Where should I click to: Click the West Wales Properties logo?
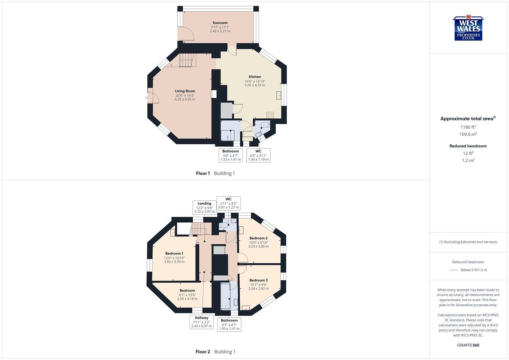coord(468,28)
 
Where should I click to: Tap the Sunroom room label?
coord(220,23)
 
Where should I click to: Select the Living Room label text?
coord(185,91)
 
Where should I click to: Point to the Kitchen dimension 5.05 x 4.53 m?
coord(255,85)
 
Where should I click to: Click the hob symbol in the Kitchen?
coord(270,115)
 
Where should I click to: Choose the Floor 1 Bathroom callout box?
coord(231,155)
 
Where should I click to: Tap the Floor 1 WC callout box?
coord(258,155)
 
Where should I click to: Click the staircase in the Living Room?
coord(188,60)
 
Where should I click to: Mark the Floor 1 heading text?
coord(203,173)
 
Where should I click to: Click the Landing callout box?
coord(204,207)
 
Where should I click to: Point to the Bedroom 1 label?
coord(174,253)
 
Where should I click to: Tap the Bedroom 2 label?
coord(258,238)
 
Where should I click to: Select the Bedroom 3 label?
coord(258,280)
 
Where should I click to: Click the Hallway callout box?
coord(202,322)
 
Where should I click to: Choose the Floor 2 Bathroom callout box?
coord(229,324)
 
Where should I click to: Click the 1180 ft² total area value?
coord(468,127)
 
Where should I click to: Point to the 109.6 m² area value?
coord(468,134)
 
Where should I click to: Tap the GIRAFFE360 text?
coord(468,345)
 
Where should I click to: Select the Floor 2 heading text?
coord(203,352)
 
